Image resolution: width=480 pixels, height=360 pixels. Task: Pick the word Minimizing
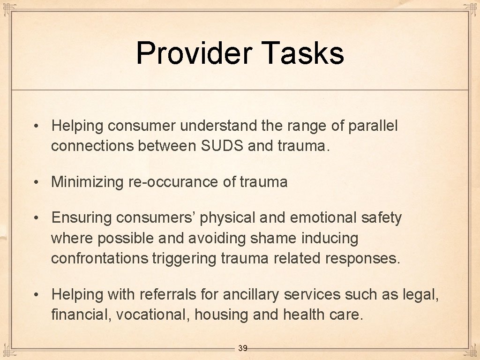point(87,182)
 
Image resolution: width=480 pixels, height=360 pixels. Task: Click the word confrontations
point(100,258)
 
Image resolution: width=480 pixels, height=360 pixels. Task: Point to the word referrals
point(155,294)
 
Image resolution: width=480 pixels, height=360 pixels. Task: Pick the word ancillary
point(251,294)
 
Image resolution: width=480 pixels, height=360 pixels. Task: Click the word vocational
point(152,315)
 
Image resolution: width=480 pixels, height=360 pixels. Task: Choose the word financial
point(80,315)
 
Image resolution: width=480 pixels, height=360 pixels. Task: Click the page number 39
point(243,348)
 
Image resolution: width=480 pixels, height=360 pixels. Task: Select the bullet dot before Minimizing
point(36,182)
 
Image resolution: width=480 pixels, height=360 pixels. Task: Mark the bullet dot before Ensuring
point(36,218)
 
